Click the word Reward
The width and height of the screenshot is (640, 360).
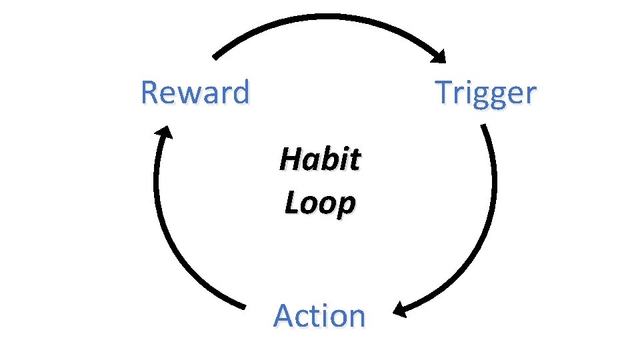(x=195, y=93)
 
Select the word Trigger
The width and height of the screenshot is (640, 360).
(x=485, y=93)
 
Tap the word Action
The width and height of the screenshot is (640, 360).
(x=319, y=315)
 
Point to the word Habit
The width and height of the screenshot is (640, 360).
(x=320, y=160)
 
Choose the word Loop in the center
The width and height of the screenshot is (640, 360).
(x=319, y=203)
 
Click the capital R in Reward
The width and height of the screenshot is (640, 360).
(x=149, y=93)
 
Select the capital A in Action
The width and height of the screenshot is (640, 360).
(x=285, y=315)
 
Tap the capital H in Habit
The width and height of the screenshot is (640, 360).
(x=290, y=160)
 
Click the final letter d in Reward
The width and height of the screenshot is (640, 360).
(x=241, y=92)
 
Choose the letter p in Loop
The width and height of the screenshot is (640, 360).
(x=345, y=206)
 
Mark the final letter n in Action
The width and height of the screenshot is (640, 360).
(x=357, y=317)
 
